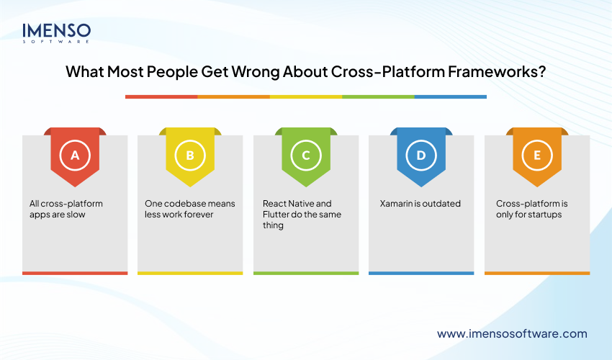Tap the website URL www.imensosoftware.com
[x=512, y=333]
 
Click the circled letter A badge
[x=75, y=155]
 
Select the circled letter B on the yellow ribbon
[x=190, y=155]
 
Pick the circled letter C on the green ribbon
[x=305, y=155]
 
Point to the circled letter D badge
[x=421, y=155]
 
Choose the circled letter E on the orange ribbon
[x=536, y=155]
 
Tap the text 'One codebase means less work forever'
[x=189, y=209]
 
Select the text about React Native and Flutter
[x=302, y=214]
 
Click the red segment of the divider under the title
[x=161, y=96]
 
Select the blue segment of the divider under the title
[x=450, y=96]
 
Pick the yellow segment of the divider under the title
[x=305, y=96]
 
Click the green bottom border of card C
[x=305, y=273]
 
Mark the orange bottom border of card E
[x=536, y=273]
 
